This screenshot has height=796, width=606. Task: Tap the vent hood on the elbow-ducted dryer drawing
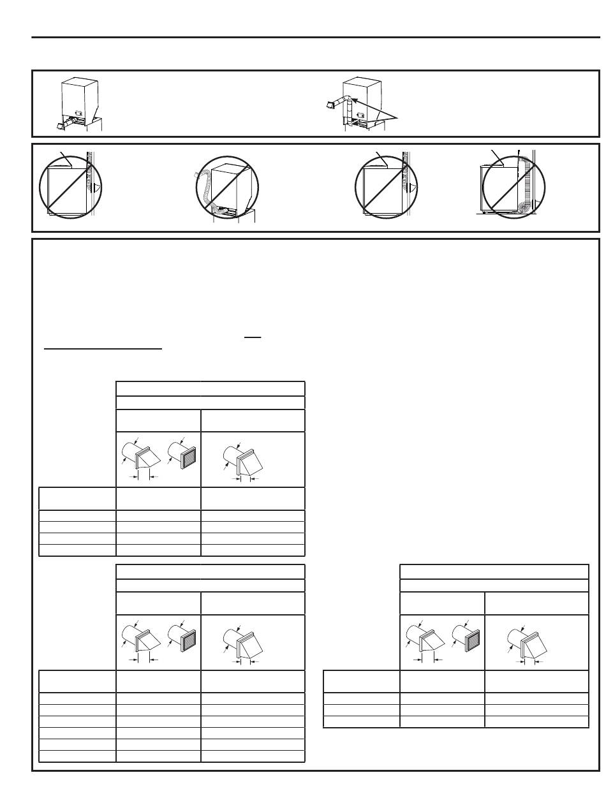click(332, 103)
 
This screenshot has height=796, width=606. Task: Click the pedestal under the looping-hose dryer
click(233, 216)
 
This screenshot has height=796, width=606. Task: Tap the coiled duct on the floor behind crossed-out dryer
click(525, 209)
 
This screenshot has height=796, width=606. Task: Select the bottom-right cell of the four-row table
click(253, 550)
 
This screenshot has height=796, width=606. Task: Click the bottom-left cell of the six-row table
click(77, 756)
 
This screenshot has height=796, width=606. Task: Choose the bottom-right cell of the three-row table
click(536, 721)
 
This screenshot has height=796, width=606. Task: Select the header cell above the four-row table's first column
click(77, 498)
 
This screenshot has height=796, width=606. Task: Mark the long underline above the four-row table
click(103, 349)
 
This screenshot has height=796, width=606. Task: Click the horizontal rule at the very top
click(316, 37)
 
